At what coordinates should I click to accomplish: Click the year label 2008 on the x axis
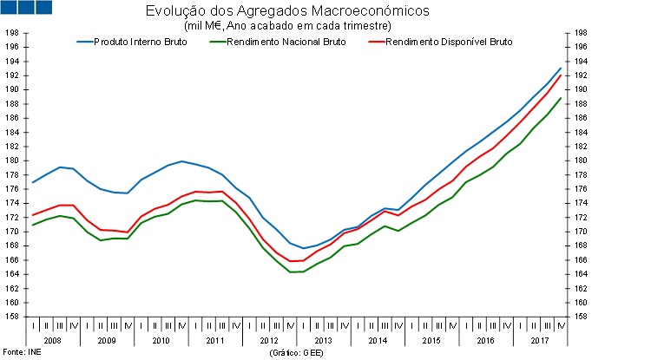52,340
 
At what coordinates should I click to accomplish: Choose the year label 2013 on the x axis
323,340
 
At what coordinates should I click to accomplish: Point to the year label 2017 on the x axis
539,340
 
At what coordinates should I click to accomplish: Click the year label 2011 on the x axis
214,340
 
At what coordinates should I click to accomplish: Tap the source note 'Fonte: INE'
20,354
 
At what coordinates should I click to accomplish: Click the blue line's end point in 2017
560,68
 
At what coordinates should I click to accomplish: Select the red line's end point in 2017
560,75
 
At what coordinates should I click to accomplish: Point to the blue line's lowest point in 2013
303,248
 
